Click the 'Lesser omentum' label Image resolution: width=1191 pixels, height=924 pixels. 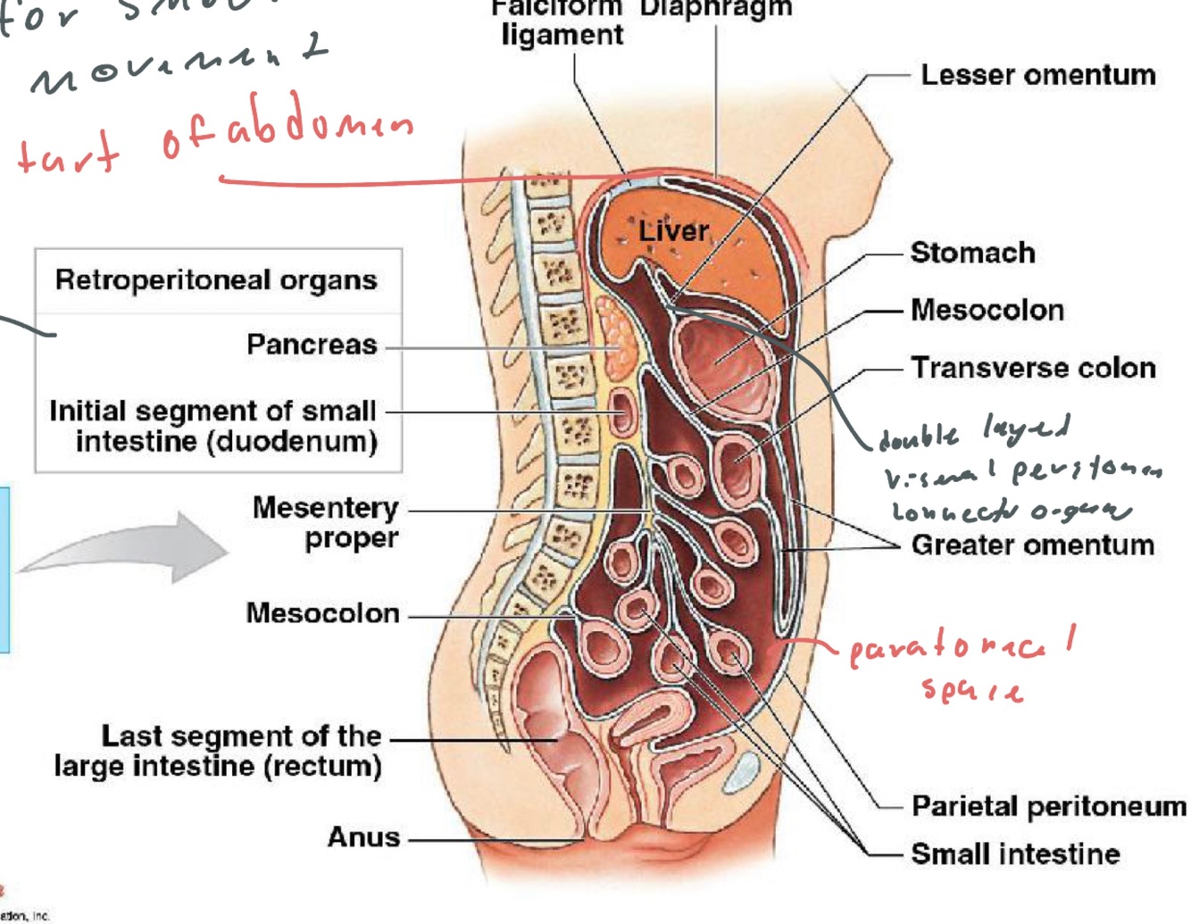[x=1037, y=75]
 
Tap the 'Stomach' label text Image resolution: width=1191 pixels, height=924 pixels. [x=972, y=253]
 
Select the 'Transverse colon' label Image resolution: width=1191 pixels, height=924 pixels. [x=1033, y=368]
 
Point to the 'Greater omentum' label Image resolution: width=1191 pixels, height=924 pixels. [x=1032, y=545]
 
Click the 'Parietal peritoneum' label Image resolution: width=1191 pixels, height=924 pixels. [x=1048, y=806]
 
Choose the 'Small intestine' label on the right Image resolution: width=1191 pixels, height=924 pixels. [x=1015, y=853]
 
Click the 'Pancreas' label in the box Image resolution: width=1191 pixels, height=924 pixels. [x=312, y=345]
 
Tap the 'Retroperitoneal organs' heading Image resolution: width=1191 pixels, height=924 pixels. [x=216, y=280]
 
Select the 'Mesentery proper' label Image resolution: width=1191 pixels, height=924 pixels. [x=326, y=522]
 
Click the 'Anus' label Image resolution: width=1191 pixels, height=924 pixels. [x=363, y=837]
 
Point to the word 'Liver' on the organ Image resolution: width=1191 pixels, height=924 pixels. [x=673, y=231]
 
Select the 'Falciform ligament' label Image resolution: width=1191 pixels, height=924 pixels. [x=562, y=22]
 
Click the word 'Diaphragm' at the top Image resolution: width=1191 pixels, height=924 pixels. [x=715, y=9]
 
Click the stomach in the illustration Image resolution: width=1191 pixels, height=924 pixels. [x=720, y=353]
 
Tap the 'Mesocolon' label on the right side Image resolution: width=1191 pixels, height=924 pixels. [x=987, y=310]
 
